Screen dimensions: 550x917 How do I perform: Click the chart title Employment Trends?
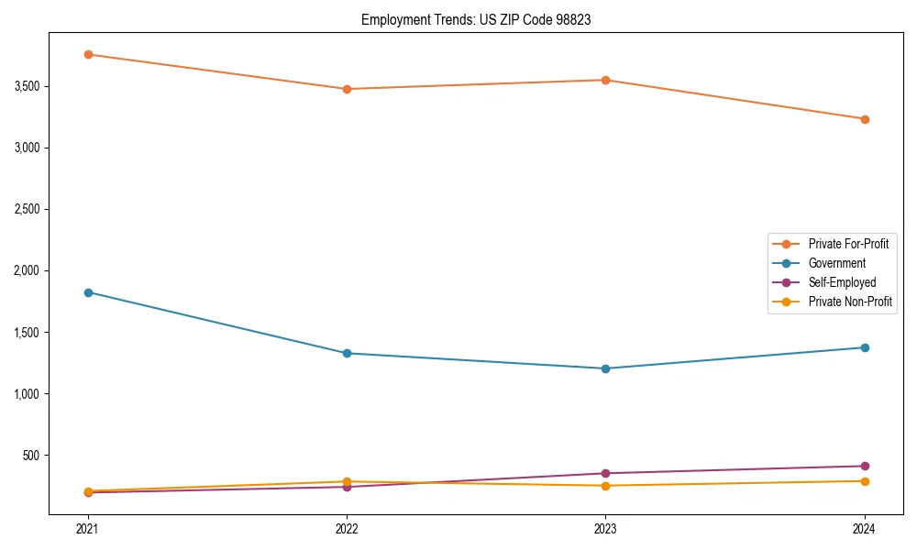475,19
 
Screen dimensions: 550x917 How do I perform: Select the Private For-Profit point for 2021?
88,54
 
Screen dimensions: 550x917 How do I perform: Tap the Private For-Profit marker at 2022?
347,89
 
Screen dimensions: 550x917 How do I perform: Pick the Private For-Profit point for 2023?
606,80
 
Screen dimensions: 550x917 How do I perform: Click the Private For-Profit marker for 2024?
865,119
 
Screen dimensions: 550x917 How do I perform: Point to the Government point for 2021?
88,292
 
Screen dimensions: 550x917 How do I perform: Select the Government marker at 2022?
347,353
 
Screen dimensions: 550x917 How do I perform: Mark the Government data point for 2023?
606,368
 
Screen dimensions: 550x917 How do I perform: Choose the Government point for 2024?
865,347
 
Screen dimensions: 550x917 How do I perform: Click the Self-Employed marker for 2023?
606,474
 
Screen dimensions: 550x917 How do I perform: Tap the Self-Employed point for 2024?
865,466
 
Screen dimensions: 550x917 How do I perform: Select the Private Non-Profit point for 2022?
347,481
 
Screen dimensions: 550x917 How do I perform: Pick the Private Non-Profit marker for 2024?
865,481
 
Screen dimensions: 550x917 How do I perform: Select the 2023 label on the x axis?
606,529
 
